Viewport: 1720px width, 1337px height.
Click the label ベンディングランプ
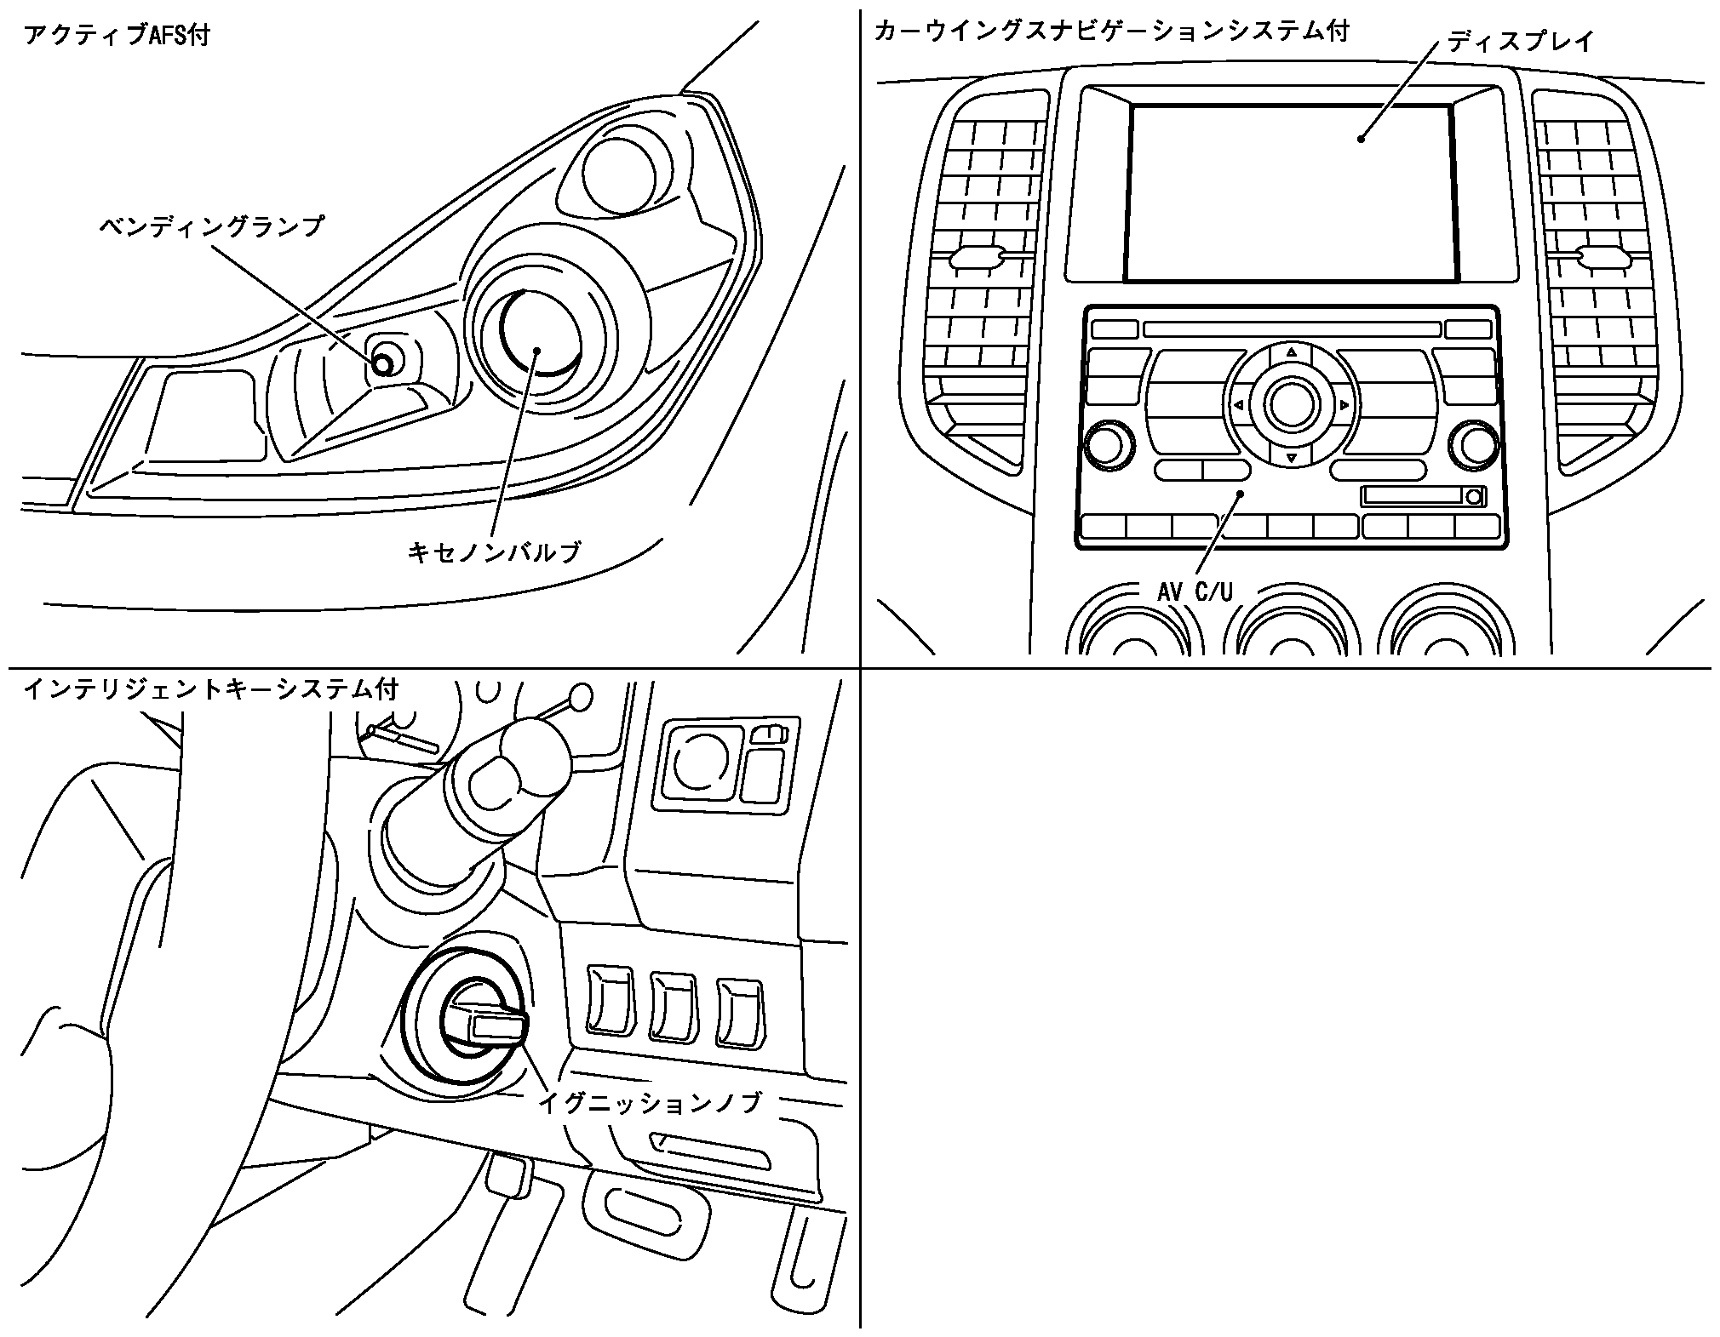[x=212, y=227]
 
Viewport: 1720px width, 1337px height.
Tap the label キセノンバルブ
[x=495, y=552]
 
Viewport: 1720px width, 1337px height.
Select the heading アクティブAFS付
[x=117, y=36]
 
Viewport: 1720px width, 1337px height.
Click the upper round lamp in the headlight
[x=619, y=172]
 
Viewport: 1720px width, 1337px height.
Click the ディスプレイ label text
[x=1521, y=41]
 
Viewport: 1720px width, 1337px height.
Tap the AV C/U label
[x=1195, y=591]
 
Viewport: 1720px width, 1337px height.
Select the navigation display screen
[x=1291, y=193]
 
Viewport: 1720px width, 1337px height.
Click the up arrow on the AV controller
[x=1292, y=351]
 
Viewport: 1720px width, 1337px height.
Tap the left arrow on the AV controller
[x=1238, y=405]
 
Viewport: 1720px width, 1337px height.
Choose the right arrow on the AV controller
[x=1344, y=405]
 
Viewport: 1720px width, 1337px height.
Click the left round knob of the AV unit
[x=1109, y=444]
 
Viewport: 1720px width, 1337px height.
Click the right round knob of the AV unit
[x=1473, y=444]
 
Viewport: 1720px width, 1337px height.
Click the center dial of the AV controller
[x=1292, y=404]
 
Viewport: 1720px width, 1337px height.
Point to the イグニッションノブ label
[x=650, y=1103]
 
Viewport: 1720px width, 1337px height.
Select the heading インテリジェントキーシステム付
[x=210, y=688]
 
